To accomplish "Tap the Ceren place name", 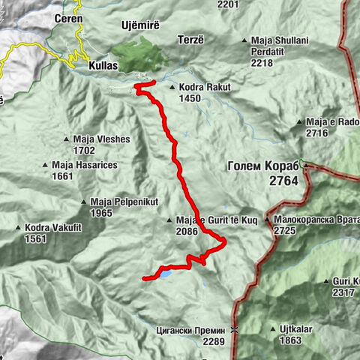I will pos(68,18).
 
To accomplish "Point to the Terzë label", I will pos(190,38).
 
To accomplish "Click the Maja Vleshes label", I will pos(101,139).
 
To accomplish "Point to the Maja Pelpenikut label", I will pos(121,202).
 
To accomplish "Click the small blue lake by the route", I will pos(164,274).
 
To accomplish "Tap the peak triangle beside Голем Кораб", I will pos(306,163).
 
